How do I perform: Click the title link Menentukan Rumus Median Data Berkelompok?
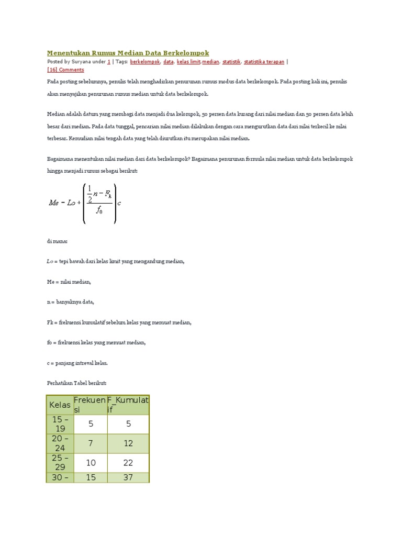[x=128, y=53]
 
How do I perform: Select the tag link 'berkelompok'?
[x=145, y=62]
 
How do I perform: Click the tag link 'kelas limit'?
[x=189, y=62]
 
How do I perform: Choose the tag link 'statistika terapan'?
[x=264, y=62]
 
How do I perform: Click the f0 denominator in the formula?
[x=99, y=211]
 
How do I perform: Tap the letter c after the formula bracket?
[x=120, y=203]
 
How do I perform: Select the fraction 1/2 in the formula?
[x=90, y=194]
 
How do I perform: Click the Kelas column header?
[x=60, y=405]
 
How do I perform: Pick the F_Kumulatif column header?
[x=128, y=405]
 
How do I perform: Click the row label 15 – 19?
[x=60, y=424]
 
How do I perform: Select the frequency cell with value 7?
[x=91, y=443]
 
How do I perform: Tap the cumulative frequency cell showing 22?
[x=128, y=463]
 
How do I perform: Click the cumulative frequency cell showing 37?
[x=128, y=477]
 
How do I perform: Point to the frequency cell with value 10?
[x=91, y=463]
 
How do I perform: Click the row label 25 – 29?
[x=60, y=463]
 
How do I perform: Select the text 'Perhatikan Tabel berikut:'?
[x=76, y=383]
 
